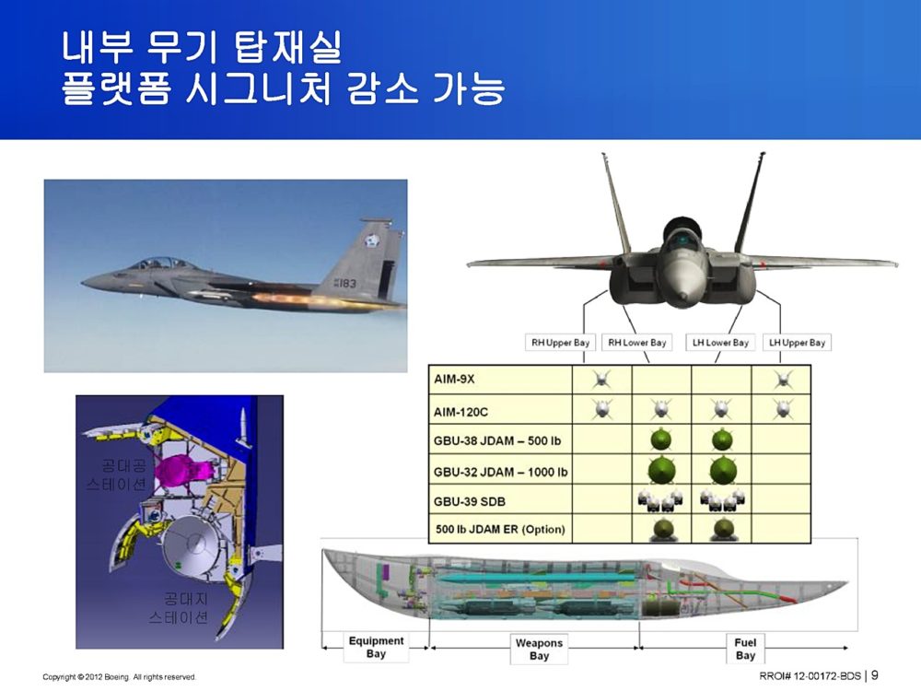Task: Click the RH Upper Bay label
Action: pyautogui.click(x=560, y=343)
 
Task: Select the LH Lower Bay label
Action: pyautogui.click(x=720, y=343)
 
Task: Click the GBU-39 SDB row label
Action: pyautogui.click(x=470, y=501)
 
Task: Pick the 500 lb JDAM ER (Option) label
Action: pyautogui.click(x=500, y=529)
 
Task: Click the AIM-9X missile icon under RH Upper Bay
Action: pyautogui.click(x=601, y=380)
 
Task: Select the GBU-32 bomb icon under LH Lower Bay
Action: pyautogui.click(x=722, y=469)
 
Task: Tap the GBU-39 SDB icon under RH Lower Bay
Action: pyautogui.click(x=660, y=500)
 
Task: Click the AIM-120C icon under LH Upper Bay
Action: pyautogui.click(x=781, y=408)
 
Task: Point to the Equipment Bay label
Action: pyautogui.click(x=376, y=647)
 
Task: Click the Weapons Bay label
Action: pyautogui.click(x=539, y=649)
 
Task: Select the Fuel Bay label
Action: pyautogui.click(x=745, y=649)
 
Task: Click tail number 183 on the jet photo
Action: pyautogui.click(x=344, y=283)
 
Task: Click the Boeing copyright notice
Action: pyautogui.click(x=119, y=677)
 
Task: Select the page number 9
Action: pyautogui.click(x=875, y=675)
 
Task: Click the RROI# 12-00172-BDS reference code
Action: pyautogui.click(x=810, y=675)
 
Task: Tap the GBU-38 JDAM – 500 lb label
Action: pyautogui.click(x=497, y=440)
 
